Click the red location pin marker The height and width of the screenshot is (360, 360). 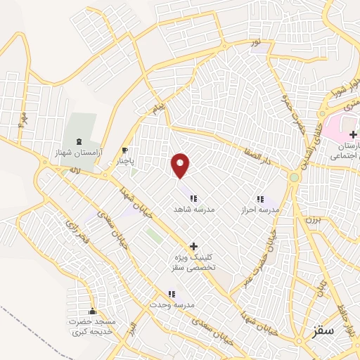click(181, 166)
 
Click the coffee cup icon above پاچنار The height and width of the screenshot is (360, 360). click(125, 150)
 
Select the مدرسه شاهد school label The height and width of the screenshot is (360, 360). click(193, 209)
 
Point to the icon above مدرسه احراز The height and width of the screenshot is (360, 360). click(260, 199)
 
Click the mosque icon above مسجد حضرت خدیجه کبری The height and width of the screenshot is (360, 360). click(92, 312)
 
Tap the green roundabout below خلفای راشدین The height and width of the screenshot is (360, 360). click(294, 177)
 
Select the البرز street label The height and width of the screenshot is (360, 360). click(128, 337)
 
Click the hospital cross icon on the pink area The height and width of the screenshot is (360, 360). click(353, 133)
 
